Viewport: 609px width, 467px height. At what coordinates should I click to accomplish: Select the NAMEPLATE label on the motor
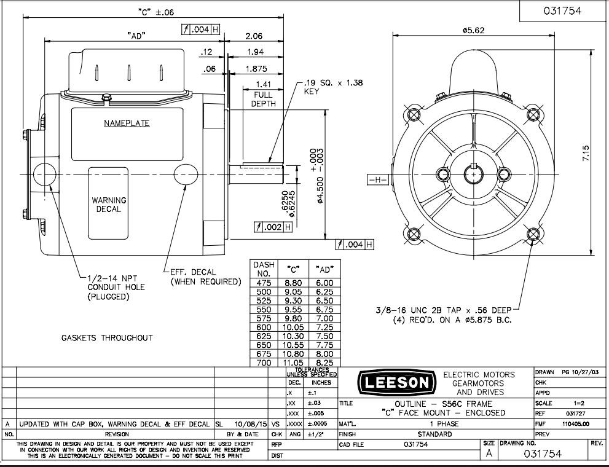click(x=127, y=123)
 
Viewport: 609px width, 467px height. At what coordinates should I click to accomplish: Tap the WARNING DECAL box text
click(x=109, y=205)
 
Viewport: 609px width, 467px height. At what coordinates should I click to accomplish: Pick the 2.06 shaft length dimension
click(x=254, y=36)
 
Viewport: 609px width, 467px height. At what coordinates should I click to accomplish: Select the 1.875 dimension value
click(x=256, y=69)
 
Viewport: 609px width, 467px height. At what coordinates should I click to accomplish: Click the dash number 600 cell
click(x=263, y=328)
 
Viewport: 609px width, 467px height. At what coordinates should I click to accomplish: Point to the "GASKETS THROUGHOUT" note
click(x=107, y=337)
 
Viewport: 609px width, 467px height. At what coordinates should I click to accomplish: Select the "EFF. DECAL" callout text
click(x=205, y=277)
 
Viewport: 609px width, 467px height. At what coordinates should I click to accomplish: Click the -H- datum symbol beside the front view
click(x=376, y=180)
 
